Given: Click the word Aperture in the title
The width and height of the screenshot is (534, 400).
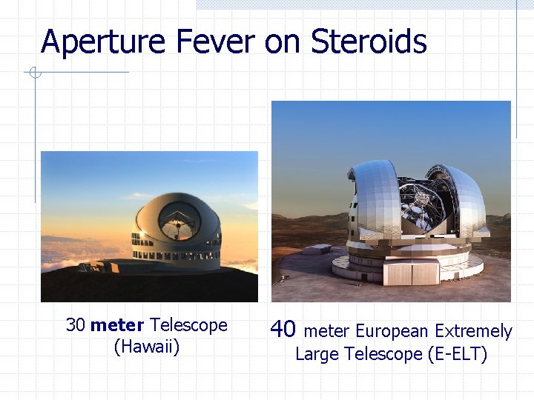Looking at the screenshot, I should [104, 41].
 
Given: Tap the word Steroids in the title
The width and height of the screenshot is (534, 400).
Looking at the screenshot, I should [369, 41].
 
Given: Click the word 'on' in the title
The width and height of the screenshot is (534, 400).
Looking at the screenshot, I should [283, 43].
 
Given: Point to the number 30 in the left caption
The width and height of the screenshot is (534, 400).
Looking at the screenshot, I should [76, 325].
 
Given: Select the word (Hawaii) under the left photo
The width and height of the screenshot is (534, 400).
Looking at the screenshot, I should [147, 347].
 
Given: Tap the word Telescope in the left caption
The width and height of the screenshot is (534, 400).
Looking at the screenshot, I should [188, 325].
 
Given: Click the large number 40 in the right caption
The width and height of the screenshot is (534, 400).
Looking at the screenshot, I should [283, 329].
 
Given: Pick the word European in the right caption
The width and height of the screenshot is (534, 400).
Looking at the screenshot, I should [392, 331].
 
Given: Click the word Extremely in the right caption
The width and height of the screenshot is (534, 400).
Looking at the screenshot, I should [473, 331].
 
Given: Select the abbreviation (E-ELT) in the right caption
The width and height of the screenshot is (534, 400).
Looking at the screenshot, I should [458, 354].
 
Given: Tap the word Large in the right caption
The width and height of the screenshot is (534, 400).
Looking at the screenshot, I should [317, 354].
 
